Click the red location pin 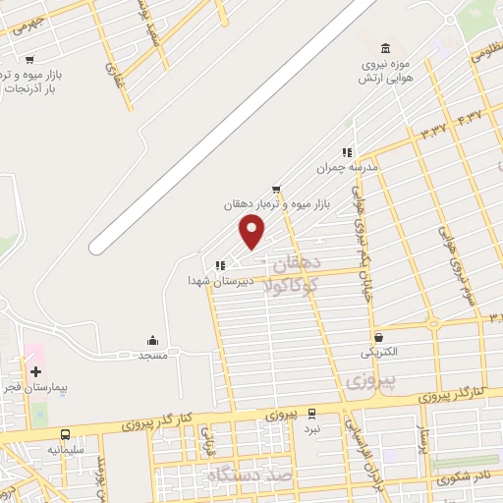click(252, 231)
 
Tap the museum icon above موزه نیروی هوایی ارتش click(384, 48)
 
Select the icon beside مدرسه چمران click(346, 152)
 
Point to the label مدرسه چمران click(346, 168)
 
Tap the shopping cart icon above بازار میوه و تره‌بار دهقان click(277, 188)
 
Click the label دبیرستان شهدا click(221, 280)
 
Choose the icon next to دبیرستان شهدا click(220, 264)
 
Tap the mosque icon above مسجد click(150, 339)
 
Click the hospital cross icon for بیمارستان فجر click(36, 372)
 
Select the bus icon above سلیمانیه click(65, 433)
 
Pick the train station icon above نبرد click(311, 414)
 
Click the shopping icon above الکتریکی click(379, 336)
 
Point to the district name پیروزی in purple click(370, 378)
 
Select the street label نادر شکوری click(468, 478)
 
